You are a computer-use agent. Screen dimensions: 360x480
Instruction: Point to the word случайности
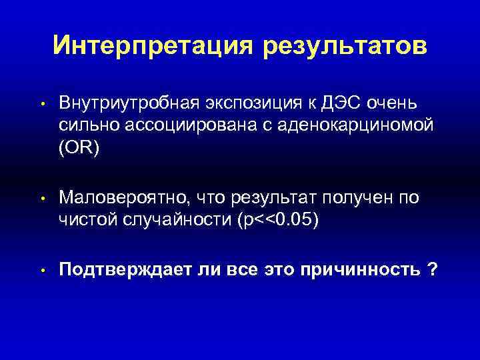[175, 217]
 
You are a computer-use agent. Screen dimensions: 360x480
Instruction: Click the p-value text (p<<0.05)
[279, 217]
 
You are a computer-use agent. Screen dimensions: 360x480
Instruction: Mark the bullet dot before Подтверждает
[41, 271]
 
